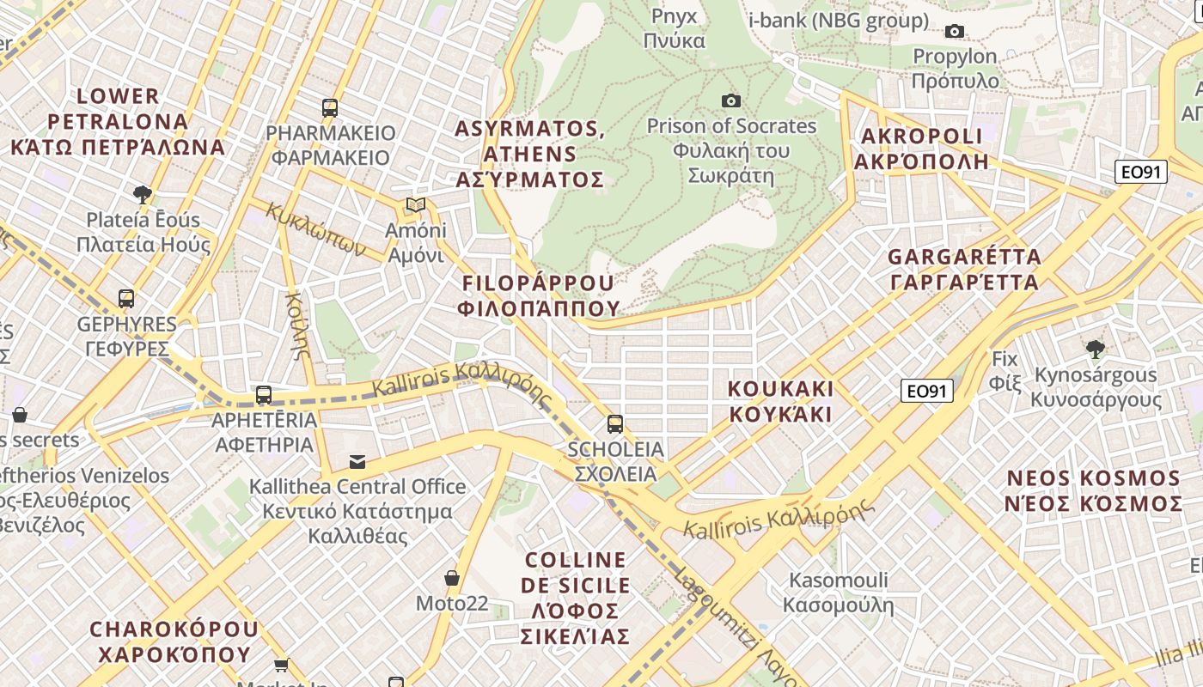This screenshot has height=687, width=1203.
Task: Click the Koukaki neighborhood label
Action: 780,401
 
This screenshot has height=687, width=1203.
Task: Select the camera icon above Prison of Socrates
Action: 730,101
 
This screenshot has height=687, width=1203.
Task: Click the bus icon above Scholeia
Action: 615,423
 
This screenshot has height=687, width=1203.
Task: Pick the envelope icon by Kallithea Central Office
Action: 357,462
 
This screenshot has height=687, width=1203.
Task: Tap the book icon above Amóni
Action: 416,205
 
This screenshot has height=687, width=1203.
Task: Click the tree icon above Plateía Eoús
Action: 143,194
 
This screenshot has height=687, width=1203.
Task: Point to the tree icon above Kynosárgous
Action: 1095,350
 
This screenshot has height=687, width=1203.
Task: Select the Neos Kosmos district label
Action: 1093,490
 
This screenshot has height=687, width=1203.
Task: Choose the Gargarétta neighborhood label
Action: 964,269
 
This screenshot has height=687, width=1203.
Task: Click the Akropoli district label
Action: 922,149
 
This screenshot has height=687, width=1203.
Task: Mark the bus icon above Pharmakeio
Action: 330,108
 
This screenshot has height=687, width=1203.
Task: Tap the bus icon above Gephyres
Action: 126,299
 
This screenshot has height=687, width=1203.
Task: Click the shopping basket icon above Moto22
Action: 452,578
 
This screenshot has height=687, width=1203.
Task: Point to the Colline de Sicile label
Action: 576,598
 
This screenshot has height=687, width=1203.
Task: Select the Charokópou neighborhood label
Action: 174,641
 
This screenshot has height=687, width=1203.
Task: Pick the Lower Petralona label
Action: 118,121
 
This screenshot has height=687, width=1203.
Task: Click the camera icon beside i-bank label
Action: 954,32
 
